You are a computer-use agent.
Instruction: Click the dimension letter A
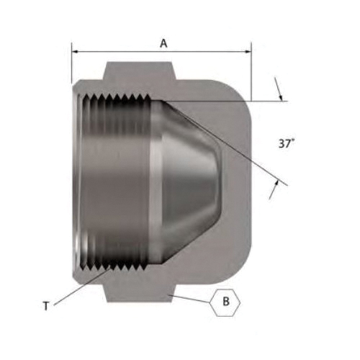coord(163,43)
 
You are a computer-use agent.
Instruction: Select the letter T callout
coord(46,306)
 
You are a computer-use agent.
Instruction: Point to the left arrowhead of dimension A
coord(75,52)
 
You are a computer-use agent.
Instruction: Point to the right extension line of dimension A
coord(251,72)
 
